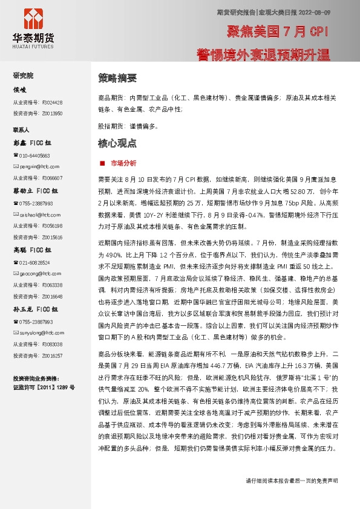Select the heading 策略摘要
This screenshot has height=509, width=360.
[x=117, y=78]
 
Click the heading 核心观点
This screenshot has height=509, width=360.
[x=117, y=144]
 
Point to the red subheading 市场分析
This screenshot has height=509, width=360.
[x=123, y=163]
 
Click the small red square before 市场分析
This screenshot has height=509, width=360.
[x=103, y=163]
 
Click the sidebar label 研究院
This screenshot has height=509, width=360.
[x=24, y=76]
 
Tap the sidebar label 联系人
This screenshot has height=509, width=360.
[x=21, y=129]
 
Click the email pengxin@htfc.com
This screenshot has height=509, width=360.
[x=36, y=166]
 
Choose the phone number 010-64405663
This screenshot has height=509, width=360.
[x=34, y=155]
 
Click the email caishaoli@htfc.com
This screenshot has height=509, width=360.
[x=38, y=214]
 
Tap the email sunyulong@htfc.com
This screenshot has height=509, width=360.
[x=38, y=332]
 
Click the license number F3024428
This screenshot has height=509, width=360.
[x=53, y=102]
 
